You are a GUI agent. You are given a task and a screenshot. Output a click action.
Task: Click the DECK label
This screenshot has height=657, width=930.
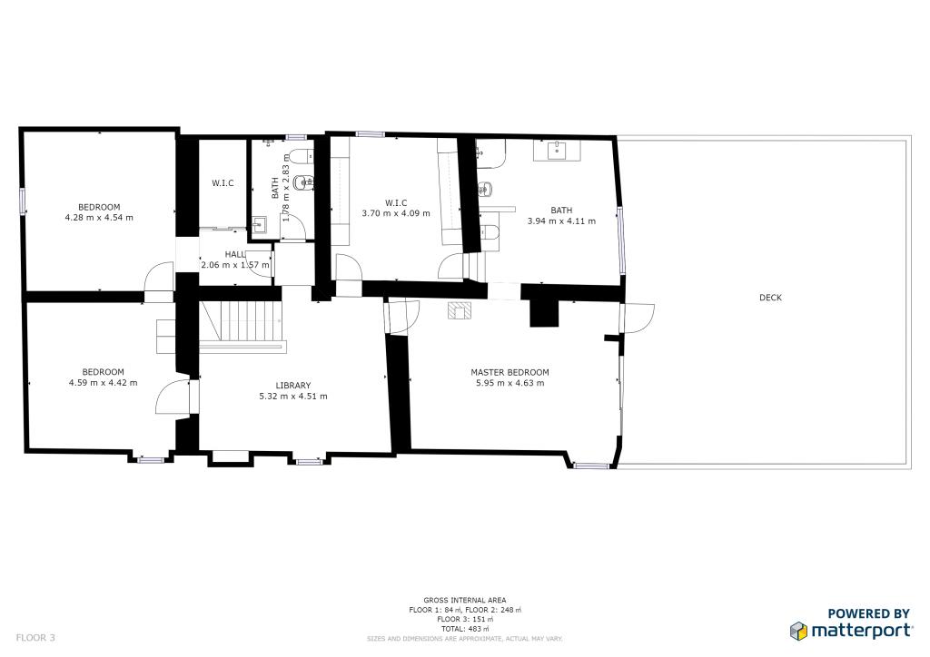770,298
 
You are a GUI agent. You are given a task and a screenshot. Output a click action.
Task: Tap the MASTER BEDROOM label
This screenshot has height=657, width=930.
510,372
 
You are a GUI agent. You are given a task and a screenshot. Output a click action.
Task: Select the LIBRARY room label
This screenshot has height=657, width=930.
293,385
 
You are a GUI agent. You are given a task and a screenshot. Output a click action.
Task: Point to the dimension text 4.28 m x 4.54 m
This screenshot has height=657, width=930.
99,218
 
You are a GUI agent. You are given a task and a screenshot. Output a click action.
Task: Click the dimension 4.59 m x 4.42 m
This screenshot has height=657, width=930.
104,383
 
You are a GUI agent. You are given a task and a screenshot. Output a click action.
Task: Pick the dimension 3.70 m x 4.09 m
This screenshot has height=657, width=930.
396,213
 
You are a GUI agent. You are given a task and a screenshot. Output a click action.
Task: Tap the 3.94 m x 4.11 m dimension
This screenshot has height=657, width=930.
561,221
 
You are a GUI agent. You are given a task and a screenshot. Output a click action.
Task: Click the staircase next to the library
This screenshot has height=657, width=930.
242,323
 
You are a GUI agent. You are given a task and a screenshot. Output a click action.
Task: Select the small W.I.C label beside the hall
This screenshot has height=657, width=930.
223,183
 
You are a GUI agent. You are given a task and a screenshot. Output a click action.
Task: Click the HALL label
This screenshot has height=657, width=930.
235,254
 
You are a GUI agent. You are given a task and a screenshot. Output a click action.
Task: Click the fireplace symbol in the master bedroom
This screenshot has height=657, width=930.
460,311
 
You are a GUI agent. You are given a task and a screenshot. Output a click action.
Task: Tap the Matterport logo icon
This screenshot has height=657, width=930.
798,631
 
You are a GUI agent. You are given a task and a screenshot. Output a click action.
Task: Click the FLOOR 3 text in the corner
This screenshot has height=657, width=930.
35,638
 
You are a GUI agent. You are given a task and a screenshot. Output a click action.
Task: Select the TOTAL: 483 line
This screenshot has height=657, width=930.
464,629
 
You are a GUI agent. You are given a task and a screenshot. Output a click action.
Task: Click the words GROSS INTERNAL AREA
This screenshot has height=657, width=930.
464,600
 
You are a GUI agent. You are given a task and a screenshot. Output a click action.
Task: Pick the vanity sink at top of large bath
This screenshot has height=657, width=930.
557,151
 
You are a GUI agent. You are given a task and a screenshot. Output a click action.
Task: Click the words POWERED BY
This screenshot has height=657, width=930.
869,613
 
